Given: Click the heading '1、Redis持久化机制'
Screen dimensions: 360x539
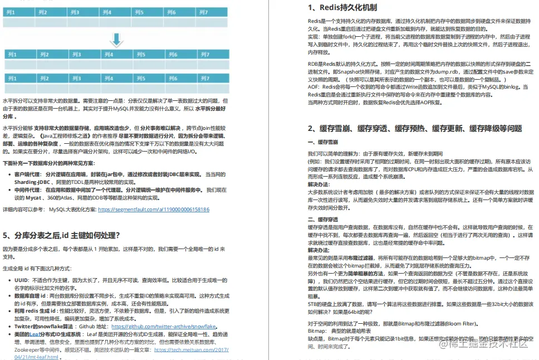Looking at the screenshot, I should point(342,8).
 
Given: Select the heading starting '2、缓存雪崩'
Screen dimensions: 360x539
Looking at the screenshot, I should point(415,129).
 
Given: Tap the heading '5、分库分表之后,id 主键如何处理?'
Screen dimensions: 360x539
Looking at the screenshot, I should point(61,235).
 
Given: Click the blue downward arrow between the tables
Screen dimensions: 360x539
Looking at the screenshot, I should point(116,40).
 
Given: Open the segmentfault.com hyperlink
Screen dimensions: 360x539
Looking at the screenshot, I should point(154,210).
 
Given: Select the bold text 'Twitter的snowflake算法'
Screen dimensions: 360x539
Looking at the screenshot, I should point(44,327).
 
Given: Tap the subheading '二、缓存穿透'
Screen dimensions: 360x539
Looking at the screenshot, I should point(323,220).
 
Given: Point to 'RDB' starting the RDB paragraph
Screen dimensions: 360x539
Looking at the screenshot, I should point(313,65).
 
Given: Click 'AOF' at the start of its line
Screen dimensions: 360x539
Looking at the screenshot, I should point(313,87).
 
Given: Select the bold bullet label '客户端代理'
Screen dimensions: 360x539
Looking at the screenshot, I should point(27,174).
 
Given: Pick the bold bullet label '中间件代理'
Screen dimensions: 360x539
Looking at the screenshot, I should point(27,190).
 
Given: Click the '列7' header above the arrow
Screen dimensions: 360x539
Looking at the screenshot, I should point(203,12).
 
